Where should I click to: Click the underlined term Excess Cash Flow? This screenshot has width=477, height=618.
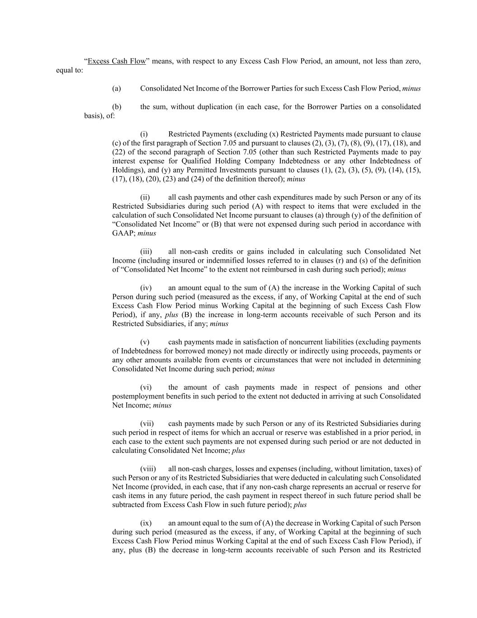coord(117,61)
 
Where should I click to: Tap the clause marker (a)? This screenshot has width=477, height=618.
coord(117,88)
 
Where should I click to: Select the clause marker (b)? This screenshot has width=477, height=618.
coord(117,106)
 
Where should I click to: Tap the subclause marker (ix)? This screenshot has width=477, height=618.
coord(146,523)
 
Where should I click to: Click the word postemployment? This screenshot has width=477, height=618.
coord(137,396)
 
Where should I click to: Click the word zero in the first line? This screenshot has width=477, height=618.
coord(411,61)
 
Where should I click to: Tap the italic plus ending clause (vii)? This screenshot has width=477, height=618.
coord(238,450)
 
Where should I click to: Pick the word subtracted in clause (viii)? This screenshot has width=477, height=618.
coord(130,505)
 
